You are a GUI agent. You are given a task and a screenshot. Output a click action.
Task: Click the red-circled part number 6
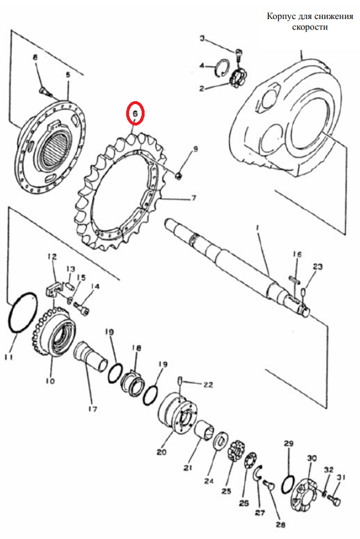tap(135, 113)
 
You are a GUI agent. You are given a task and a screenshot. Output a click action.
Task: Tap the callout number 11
tap(8, 357)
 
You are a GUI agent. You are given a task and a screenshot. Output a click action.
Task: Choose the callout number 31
tap(342, 478)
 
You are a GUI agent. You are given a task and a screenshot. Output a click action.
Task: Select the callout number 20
tap(161, 452)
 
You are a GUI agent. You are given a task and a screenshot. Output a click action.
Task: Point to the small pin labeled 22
tap(180, 381)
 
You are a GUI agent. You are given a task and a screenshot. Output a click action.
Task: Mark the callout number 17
tap(92, 409)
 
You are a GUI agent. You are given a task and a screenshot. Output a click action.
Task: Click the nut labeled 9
tap(179, 176)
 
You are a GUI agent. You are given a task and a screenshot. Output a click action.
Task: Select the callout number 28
tap(281, 525)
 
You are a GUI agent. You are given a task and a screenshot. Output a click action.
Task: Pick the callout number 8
tap(35, 58)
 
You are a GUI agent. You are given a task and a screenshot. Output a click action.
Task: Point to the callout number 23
tap(317, 266)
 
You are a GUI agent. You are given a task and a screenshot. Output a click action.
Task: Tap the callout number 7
tap(193, 198)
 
